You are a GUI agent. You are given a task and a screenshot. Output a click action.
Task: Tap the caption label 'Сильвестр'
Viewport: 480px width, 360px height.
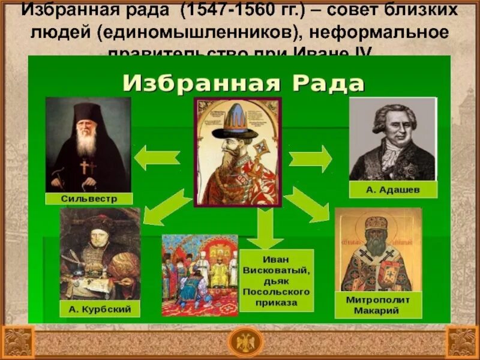(88, 198)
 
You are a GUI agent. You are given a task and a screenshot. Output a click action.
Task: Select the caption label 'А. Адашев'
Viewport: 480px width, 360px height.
(393, 190)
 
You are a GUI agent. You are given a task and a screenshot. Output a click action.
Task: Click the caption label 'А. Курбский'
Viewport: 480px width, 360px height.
(100, 309)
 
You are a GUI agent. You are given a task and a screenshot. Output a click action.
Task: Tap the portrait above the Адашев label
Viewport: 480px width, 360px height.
(392, 139)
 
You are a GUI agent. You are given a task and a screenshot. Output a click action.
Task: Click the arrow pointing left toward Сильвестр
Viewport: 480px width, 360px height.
(155, 158)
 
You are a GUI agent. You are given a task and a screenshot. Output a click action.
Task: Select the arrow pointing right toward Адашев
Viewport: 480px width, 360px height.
(310, 159)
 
